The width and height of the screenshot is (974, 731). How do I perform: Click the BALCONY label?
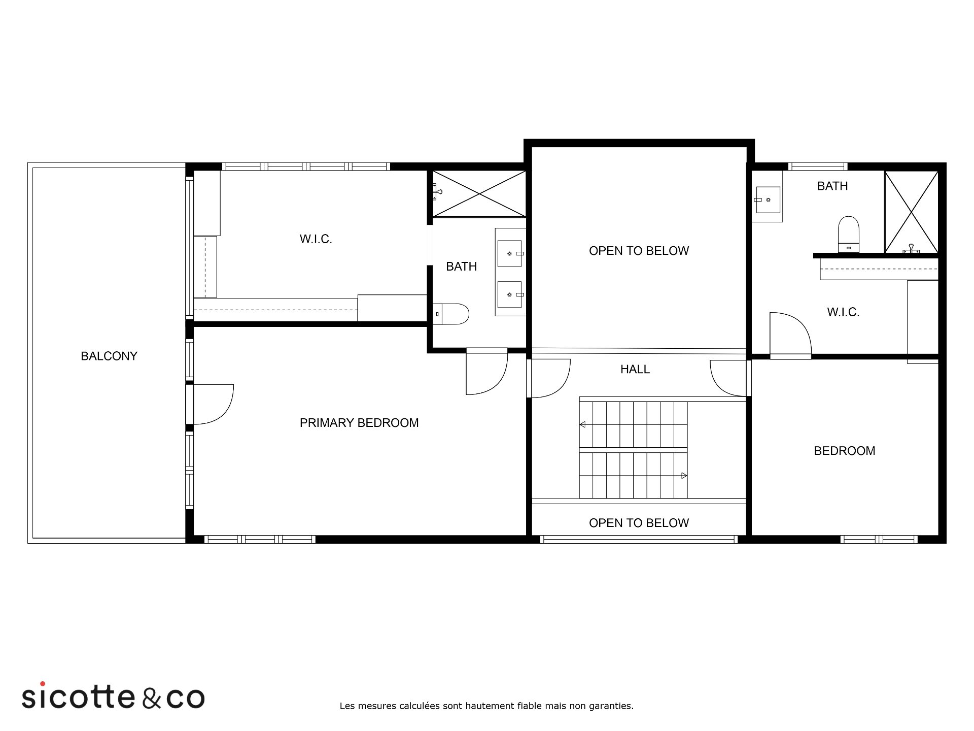pyautogui.click(x=109, y=356)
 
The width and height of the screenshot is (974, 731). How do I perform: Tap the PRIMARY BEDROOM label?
pyautogui.click(x=359, y=423)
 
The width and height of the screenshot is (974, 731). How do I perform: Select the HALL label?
pyautogui.click(x=635, y=370)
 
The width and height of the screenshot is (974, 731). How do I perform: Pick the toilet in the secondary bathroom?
pyautogui.click(x=849, y=234)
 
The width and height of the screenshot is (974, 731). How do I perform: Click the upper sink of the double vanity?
pyautogui.click(x=510, y=253)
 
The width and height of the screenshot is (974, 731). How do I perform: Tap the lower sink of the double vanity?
pyautogui.click(x=510, y=294)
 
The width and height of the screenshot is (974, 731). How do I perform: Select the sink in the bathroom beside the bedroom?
pyautogui.click(x=768, y=200)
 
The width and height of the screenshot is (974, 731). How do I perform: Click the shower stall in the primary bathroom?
pyautogui.click(x=479, y=193)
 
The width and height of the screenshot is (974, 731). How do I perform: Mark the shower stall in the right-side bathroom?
pyautogui.click(x=912, y=212)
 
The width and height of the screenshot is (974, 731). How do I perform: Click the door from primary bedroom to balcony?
pyautogui.click(x=214, y=404)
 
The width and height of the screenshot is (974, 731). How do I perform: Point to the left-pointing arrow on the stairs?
pyautogui.click(x=582, y=424)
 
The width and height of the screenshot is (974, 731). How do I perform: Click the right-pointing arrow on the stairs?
pyautogui.click(x=684, y=476)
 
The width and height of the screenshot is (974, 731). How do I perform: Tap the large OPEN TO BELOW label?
pyautogui.click(x=639, y=251)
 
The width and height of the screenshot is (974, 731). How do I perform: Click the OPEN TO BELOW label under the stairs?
pyautogui.click(x=639, y=523)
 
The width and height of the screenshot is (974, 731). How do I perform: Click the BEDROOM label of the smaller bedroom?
pyautogui.click(x=845, y=451)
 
